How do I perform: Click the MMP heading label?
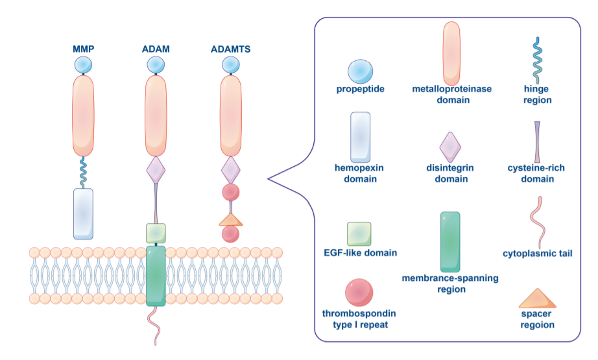click(x=83, y=49)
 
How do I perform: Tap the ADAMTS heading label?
click(x=230, y=49)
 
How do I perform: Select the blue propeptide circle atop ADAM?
click(x=156, y=65)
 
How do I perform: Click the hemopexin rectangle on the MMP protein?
click(x=83, y=213)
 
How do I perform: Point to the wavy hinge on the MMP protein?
click(x=83, y=173)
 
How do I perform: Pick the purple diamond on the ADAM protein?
click(x=156, y=170)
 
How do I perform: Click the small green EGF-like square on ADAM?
click(x=156, y=234)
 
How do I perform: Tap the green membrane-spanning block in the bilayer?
click(x=156, y=276)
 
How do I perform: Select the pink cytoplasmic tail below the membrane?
click(x=155, y=325)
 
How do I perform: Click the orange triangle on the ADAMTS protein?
click(x=231, y=220)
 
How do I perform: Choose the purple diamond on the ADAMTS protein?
click(x=231, y=170)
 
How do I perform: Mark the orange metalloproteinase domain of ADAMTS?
click(x=231, y=115)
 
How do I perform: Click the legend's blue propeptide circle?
click(x=360, y=71)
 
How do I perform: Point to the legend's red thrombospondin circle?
click(x=359, y=293)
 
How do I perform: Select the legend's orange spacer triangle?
click(x=538, y=298)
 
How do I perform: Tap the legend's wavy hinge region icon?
click(x=538, y=60)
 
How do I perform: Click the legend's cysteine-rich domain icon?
click(x=537, y=142)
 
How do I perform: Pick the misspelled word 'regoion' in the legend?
click(x=537, y=325)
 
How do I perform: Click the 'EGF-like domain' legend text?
click(x=360, y=252)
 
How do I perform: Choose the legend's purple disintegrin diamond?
click(x=450, y=147)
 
